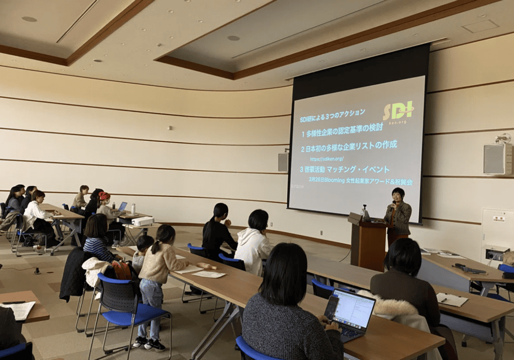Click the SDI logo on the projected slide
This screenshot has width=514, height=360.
398,111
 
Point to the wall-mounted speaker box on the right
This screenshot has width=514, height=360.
497,158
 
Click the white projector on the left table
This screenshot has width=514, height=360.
142,221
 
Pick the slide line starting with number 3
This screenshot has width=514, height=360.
345,170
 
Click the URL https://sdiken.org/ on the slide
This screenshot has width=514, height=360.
327,158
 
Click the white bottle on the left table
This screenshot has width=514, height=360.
133,208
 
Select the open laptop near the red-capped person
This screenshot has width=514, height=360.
122,207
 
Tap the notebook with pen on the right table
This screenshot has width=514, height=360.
452,299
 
